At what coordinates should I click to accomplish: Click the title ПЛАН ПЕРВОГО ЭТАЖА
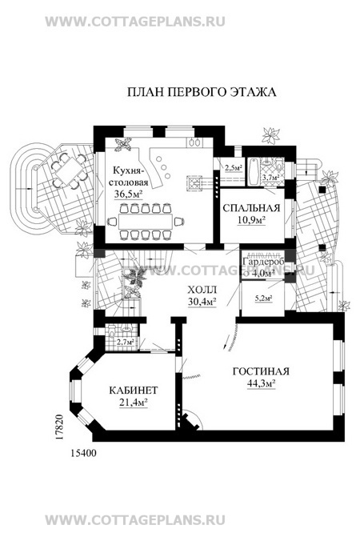click(202, 92)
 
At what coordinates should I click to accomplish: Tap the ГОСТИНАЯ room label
click(261, 371)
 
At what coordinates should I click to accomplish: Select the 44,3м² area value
click(261, 383)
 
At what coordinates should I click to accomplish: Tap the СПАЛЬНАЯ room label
click(244, 206)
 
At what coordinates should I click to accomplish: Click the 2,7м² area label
click(126, 343)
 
